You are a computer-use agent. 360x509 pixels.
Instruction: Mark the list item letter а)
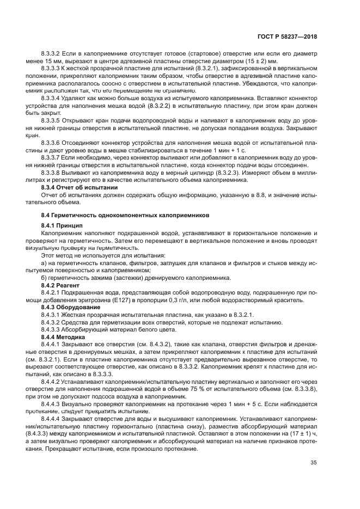click(45, 262)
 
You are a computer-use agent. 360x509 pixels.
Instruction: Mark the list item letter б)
click(45, 277)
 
